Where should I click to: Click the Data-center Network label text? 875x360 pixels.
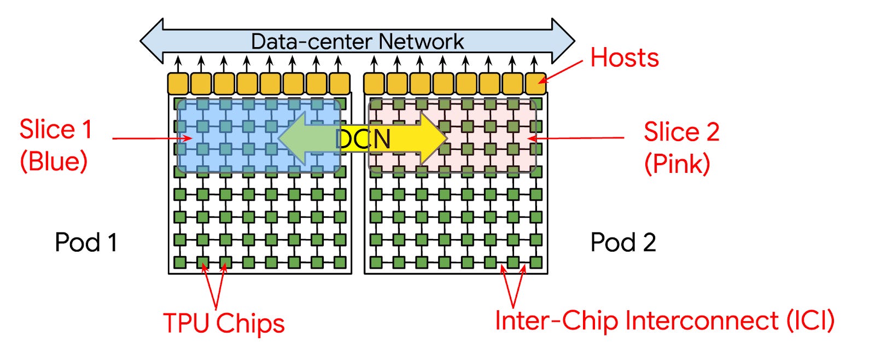[357, 42]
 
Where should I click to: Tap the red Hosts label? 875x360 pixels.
[625, 57]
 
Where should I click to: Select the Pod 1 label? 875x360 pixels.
[86, 242]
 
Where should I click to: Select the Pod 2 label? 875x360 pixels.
[623, 242]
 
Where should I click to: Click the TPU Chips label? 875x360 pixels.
[224, 323]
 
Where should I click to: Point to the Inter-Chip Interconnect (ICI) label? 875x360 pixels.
[664, 321]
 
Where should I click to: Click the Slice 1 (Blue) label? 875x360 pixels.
[55, 145]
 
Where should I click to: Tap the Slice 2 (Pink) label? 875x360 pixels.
[681, 147]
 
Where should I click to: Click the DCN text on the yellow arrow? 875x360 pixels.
[363, 139]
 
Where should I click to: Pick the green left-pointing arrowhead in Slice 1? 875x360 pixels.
[293, 138]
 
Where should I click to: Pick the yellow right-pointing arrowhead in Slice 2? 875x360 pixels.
[435, 138]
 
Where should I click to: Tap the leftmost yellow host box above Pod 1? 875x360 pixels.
[178, 84]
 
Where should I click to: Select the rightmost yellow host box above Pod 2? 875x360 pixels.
[535, 84]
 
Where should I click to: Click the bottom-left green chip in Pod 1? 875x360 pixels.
[180, 263]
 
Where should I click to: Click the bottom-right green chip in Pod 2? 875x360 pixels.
[536, 263]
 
